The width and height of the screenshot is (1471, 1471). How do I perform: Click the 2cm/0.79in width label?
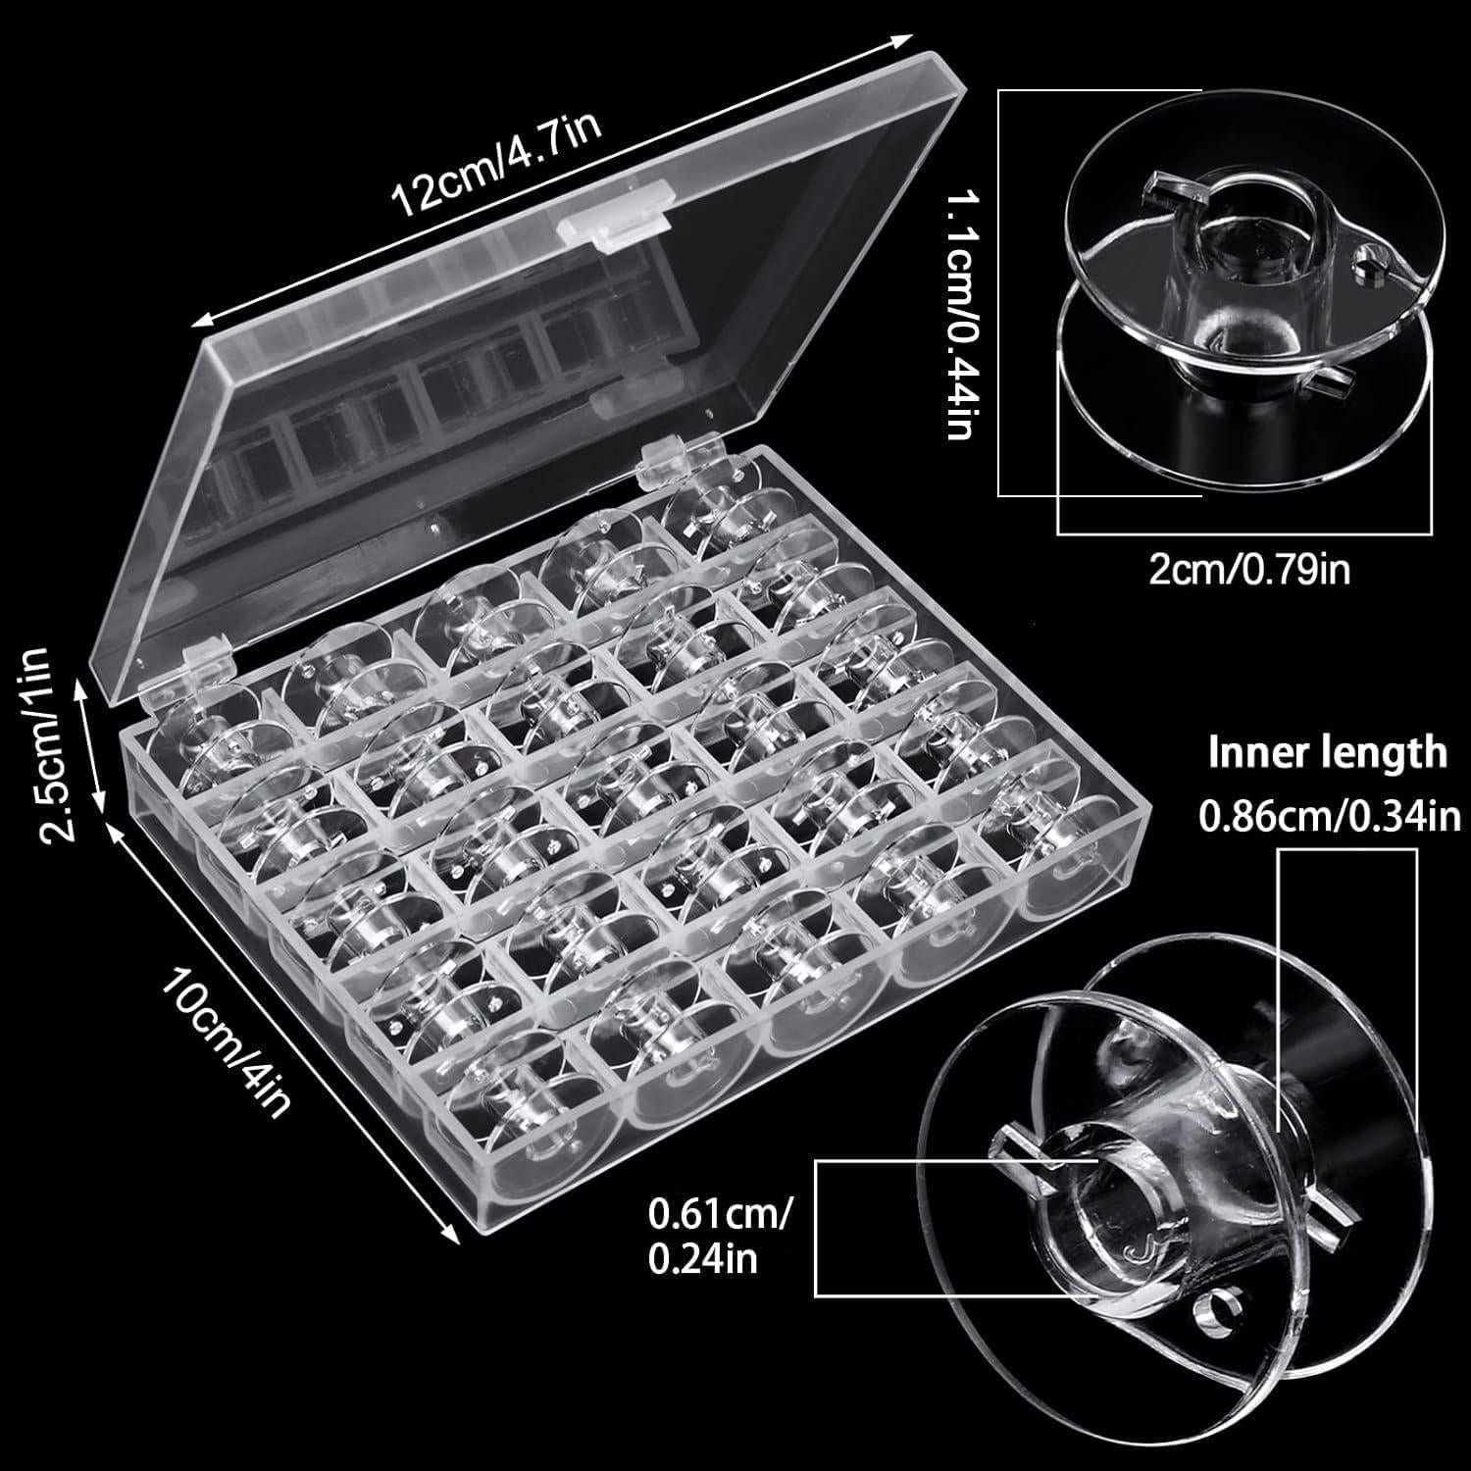(x=1248, y=570)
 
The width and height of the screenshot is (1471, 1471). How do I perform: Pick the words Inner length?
(x=1327, y=753)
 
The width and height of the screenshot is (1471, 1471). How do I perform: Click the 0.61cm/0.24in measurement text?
(x=719, y=1239)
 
